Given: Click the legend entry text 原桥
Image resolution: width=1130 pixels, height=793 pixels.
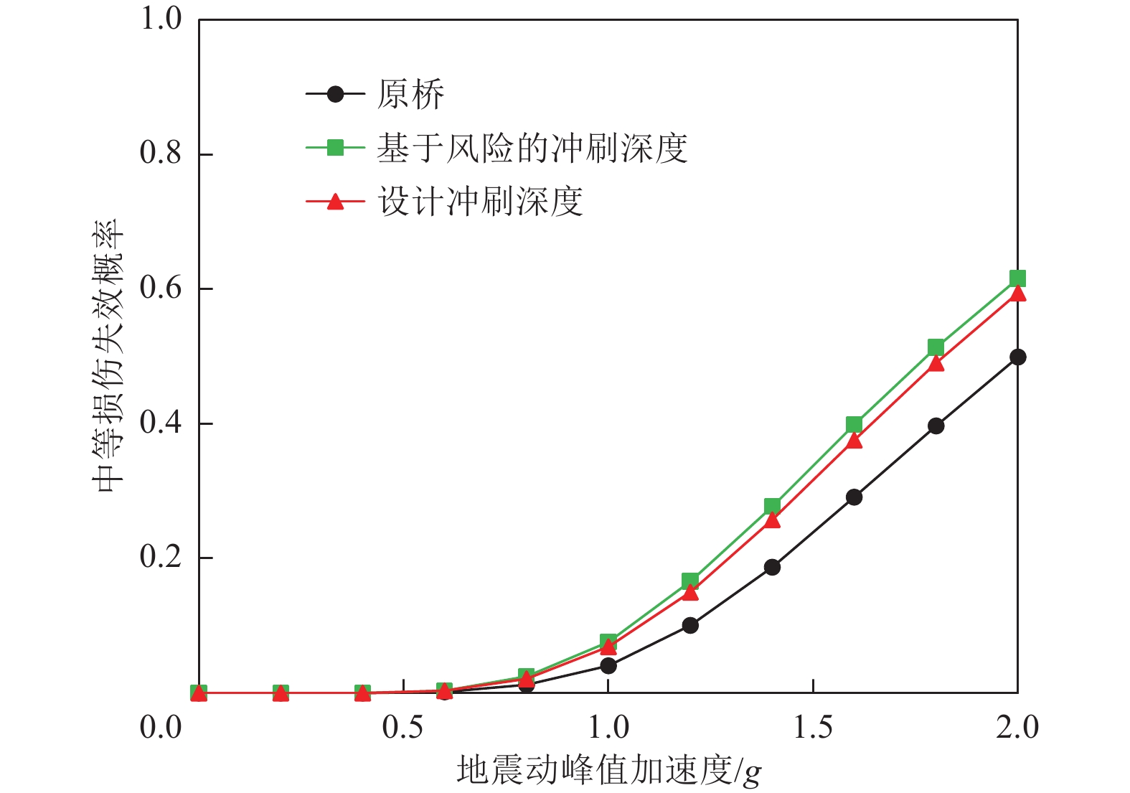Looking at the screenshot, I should coord(410,94).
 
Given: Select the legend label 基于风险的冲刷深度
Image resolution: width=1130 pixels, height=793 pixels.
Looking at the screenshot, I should coord(532,149).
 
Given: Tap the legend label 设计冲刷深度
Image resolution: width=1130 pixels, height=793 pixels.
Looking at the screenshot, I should coord(480,202).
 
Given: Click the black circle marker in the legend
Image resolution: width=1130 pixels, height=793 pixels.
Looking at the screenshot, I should coord(335,94).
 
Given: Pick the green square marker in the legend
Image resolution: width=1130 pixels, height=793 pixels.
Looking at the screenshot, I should coord(335,148).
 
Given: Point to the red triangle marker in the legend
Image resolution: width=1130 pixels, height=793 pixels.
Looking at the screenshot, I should coord(335,202).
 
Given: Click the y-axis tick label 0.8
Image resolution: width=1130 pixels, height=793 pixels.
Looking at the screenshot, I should coord(161,153).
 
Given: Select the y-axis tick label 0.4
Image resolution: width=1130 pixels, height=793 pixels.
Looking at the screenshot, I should coord(161,423).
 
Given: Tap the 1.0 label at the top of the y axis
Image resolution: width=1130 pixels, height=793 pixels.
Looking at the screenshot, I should coord(161,19).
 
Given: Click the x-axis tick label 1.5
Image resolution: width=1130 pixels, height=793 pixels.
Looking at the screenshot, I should coord(813,727).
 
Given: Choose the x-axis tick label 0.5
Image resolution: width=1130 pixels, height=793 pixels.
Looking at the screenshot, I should coord(403,727).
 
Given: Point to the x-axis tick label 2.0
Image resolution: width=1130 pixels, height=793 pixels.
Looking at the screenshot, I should coord(1017,727).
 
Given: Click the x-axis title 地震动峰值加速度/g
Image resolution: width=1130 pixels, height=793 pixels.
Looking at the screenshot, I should coord(608,771).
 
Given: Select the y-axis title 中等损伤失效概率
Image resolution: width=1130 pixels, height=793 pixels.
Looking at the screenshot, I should coord(109,356).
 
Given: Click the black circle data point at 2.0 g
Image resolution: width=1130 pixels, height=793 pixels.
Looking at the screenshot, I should coord(1017,357).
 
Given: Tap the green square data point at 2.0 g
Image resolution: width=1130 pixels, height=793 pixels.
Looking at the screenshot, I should coord(1017,278).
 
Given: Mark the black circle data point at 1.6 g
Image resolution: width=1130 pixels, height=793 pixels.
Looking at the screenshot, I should coord(854,497).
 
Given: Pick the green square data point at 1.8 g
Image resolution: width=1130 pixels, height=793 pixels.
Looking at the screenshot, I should coord(936,347).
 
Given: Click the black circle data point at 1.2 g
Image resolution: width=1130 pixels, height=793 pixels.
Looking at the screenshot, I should coord(690,625).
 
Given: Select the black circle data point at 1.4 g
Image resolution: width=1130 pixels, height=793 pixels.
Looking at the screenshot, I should coord(772,567).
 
